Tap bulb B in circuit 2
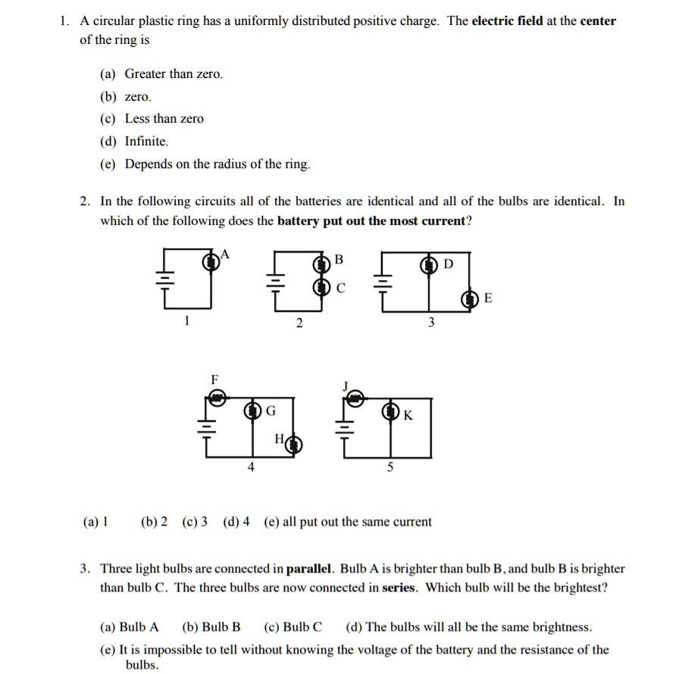point(321,264)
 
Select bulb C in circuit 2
point(321,286)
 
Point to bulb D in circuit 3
point(431,264)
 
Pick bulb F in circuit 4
point(217,395)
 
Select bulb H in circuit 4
point(292,445)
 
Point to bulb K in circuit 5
point(391,412)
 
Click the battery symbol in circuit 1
point(161,278)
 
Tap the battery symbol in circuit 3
point(384,279)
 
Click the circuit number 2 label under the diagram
point(299,323)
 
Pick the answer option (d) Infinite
point(134,142)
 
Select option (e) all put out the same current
point(348,522)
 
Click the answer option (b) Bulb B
point(211,627)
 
